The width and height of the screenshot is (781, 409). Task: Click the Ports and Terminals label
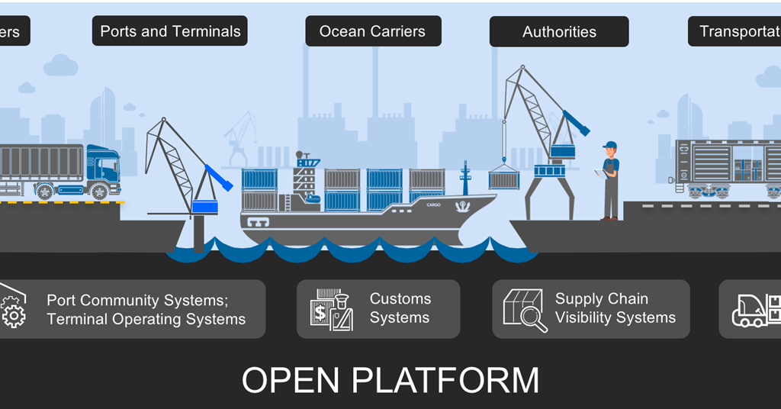[170, 31]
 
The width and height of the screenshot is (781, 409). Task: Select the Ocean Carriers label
[372, 31]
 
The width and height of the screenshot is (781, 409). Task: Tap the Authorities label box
[559, 32]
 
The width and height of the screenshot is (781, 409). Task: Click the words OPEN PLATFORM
[390, 380]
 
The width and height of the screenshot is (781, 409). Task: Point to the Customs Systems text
[400, 308]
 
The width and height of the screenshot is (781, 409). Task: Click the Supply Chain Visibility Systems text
[615, 308]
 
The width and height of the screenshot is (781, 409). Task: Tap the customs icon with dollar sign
[331, 309]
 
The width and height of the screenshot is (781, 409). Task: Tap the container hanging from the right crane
[503, 179]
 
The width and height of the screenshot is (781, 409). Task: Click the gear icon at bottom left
[12, 314]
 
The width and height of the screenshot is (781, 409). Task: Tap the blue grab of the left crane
[205, 207]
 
